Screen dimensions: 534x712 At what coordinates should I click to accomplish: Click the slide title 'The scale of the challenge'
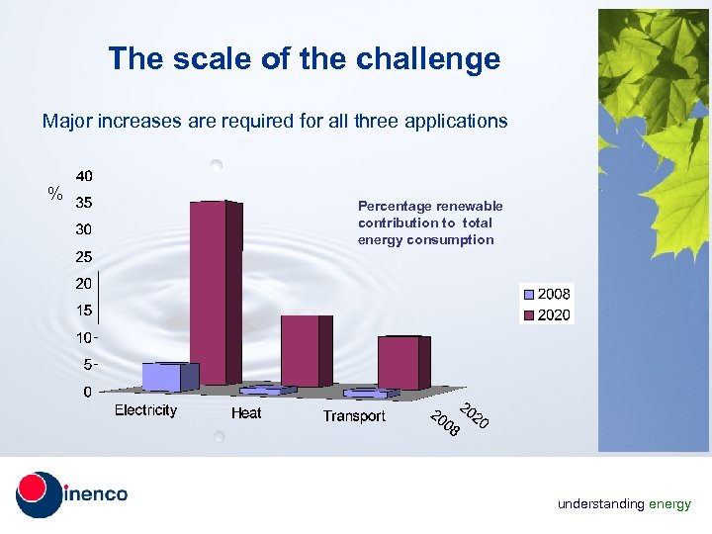pyautogui.click(x=305, y=58)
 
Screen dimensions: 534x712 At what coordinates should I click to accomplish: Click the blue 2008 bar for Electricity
pyautogui.click(x=164, y=377)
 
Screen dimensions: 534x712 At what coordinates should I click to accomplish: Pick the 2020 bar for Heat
pyautogui.click(x=303, y=351)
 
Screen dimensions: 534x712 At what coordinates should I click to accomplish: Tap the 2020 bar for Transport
pyautogui.click(x=400, y=363)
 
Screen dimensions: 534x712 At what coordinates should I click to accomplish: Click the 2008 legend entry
pyautogui.click(x=546, y=294)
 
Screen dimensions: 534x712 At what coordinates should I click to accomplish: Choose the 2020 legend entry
pyautogui.click(x=546, y=315)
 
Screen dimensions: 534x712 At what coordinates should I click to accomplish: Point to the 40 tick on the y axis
pyautogui.click(x=84, y=176)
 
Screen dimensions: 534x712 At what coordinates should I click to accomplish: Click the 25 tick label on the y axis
pyautogui.click(x=84, y=257)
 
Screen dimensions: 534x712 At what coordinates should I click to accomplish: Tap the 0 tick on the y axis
pyautogui.click(x=87, y=392)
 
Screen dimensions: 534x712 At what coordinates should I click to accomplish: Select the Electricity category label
pyautogui.click(x=146, y=409)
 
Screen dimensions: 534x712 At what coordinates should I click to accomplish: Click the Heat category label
pyautogui.click(x=246, y=412)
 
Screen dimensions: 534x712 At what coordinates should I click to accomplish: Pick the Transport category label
pyautogui.click(x=354, y=416)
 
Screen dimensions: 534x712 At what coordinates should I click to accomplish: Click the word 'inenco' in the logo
pyautogui.click(x=97, y=493)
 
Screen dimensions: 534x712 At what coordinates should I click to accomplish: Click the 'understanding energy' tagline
pyautogui.click(x=624, y=504)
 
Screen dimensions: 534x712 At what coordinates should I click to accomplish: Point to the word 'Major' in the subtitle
pyautogui.click(x=64, y=122)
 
